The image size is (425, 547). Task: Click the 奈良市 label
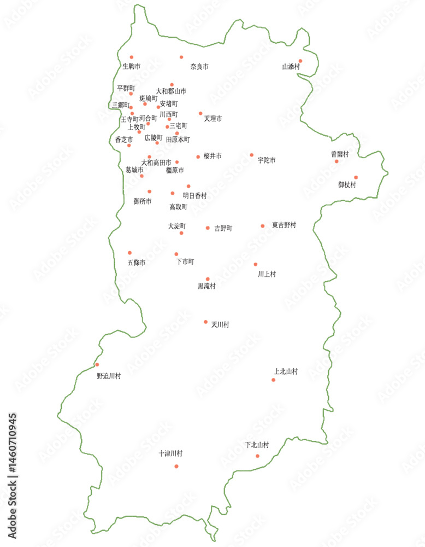point(199,67)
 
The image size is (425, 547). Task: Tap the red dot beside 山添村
point(300,61)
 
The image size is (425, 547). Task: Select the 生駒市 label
point(131,67)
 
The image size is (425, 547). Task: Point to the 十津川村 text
point(170,453)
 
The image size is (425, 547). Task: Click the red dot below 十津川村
point(176,466)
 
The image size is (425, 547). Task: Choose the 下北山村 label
point(257,445)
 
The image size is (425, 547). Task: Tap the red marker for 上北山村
point(274,380)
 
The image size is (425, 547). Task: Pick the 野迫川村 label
point(109,376)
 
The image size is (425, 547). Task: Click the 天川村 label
point(220,324)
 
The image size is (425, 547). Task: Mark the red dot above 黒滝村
point(208,279)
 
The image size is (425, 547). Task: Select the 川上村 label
point(267,273)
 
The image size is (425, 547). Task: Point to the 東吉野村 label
point(284,225)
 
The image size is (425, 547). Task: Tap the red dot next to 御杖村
point(356,177)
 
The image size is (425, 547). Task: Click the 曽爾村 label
point(340,154)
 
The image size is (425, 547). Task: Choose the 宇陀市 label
point(267,160)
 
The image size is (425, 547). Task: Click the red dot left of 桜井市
point(198,157)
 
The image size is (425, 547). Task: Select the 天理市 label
point(213,118)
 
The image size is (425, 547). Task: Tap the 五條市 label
point(137,263)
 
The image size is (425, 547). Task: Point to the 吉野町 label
point(223,228)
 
